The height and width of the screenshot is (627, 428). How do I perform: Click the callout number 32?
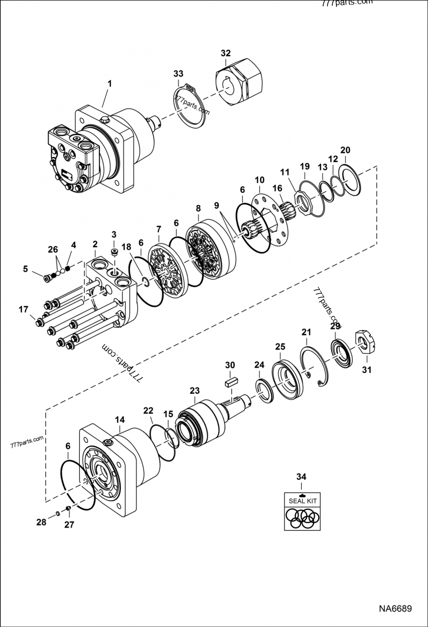tap(225, 53)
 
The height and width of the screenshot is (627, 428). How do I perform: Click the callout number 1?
tap(110, 83)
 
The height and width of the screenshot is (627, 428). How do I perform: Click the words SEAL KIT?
tap(303, 501)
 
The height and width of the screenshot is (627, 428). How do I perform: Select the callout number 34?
tap(302, 476)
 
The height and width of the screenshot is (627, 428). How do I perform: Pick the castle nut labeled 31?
tap(364, 342)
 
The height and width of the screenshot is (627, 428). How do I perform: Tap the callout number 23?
tap(194, 390)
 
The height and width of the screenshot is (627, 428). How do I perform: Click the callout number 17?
tap(23, 309)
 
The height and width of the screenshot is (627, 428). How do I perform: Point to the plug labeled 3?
tap(114, 252)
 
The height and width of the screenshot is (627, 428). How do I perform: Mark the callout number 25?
tap(280, 347)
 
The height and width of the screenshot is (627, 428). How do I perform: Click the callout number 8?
tap(198, 208)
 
